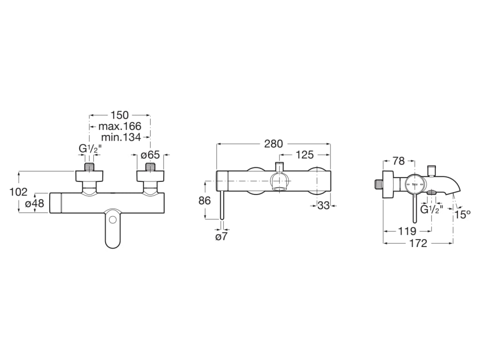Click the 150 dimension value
120,115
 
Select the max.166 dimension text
120,126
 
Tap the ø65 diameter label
150,154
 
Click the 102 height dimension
18,192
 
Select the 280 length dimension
273,144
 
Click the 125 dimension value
305,155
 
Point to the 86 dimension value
204,201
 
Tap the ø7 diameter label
221,237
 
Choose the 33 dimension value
323,205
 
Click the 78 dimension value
398,161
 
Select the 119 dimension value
407,231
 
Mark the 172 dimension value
418,243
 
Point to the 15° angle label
463,214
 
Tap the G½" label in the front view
90,149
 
